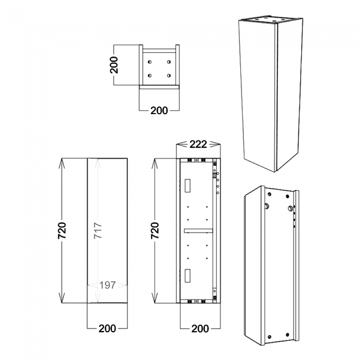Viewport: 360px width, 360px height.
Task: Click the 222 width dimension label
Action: (x=198, y=145)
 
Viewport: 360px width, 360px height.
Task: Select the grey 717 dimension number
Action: (x=97, y=229)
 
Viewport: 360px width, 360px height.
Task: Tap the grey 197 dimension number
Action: (x=108, y=285)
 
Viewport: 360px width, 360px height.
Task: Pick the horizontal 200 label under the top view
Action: (x=159, y=110)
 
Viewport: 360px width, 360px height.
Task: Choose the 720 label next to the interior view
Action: (x=155, y=230)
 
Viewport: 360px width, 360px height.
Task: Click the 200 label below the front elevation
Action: (x=107, y=328)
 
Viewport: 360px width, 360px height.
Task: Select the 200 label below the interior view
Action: (x=199, y=328)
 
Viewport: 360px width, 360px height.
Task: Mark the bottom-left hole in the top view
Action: (x=150, y=75)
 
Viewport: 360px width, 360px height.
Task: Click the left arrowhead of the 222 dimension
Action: (x=178, y=145)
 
